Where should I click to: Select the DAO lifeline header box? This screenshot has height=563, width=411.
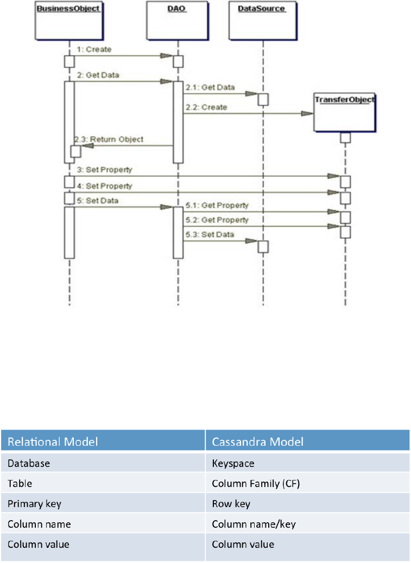click(x=174, y=21)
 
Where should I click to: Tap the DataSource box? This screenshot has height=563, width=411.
click(x=262, y=21)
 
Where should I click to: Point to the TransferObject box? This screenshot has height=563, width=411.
click(x=345, y=112)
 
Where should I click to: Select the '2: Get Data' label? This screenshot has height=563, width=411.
click(x=98, y=75)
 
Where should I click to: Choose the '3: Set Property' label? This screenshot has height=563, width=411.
click(x=104, y=170)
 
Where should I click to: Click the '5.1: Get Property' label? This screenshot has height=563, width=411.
click(x=217, y=205)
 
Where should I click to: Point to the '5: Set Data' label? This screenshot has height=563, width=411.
click(x=98, y=200)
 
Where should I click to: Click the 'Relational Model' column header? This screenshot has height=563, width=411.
click(x=53, y=441)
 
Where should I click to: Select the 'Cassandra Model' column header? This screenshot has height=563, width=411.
click(x=258, y=441)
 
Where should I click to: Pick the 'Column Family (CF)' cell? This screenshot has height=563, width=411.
click(x=255, y=484)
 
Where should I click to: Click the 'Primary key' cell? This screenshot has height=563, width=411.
click(x=34, y=504)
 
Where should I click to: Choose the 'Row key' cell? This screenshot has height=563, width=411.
click(x=231, y=504)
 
